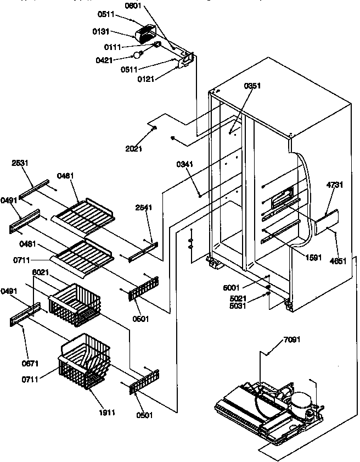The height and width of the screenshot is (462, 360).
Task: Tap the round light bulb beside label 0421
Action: click(138, 55)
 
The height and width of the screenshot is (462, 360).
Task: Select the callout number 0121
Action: click(147, 79)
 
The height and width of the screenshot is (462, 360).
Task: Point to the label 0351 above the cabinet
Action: click(253, 86)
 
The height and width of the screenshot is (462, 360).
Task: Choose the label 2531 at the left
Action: click(20, 163)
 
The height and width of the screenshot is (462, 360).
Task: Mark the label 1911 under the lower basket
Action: click(107, 412)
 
